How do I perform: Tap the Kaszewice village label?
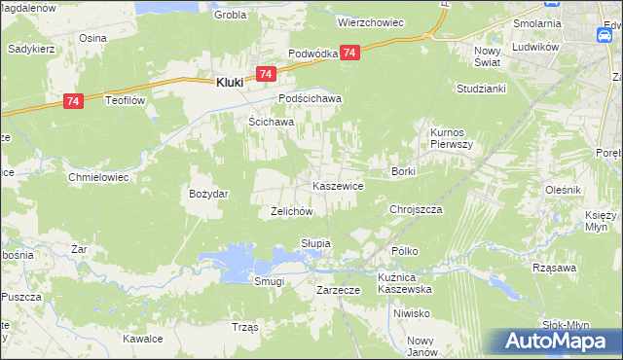338,185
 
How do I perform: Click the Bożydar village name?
208,194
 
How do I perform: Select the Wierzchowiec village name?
370,20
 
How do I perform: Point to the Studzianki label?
478,88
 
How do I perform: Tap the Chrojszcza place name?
416,209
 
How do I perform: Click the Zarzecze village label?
339,290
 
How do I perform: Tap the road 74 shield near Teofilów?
73,99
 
